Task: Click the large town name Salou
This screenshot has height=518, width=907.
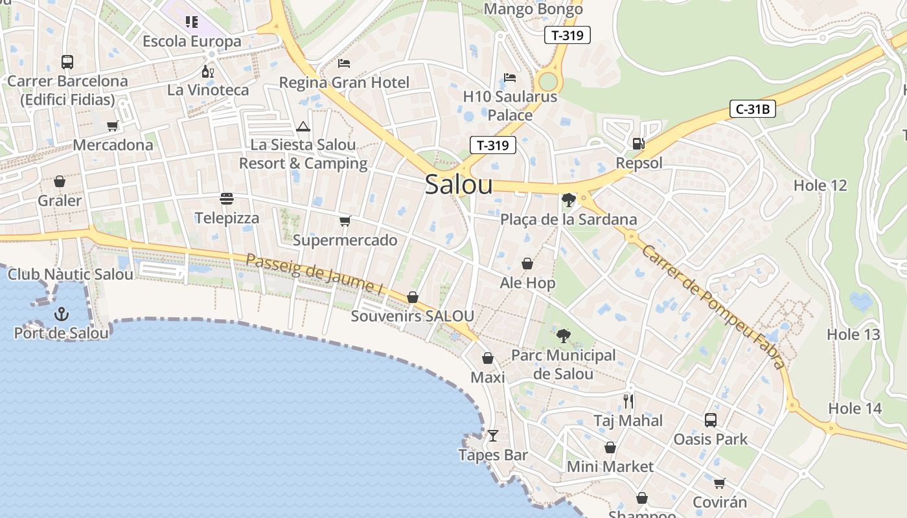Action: [459, 185]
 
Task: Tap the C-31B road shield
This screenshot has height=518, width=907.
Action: [752, 109]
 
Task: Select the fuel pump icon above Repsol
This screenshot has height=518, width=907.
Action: [638, 144]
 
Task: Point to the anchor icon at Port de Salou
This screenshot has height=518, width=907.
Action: [62, 315]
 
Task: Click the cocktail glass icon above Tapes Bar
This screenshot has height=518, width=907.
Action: [493, 436]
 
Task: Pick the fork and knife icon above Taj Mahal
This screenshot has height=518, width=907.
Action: [628, 401]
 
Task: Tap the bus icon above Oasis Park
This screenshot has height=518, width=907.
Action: [711, 420]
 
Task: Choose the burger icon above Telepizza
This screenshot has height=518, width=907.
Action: [226, 199]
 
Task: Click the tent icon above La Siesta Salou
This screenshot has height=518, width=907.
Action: [303, 126]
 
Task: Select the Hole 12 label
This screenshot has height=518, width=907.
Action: [820, 185]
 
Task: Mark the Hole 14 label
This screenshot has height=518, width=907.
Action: [855, 409]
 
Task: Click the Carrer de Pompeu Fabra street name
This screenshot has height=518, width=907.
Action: [713, 306]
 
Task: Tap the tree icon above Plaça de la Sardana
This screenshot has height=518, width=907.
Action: [568, 200]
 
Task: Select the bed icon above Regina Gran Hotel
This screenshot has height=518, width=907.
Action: [344, 63]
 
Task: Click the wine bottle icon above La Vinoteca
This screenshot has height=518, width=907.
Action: [208, 71]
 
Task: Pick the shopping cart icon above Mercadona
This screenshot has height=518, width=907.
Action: [113, 126]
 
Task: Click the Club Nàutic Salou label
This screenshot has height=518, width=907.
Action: [71, 274]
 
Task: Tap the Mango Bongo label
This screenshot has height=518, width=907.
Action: [533, 9]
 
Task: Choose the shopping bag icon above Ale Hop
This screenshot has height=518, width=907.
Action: [527, 264]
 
